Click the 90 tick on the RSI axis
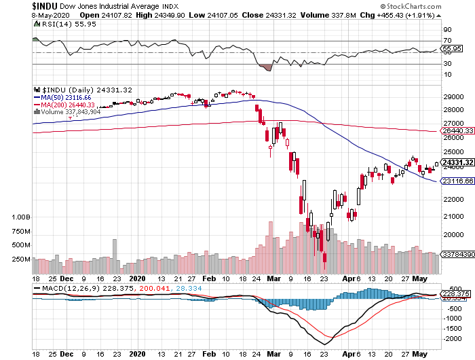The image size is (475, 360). [447, 31]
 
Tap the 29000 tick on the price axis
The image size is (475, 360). [453, 98]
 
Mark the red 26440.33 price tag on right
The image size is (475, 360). [456, 130]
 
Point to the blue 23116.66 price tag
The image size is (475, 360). [456, 182]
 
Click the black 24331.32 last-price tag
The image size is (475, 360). [456, 162]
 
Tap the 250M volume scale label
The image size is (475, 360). [22, 259]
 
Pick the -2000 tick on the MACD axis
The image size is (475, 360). [450, 338]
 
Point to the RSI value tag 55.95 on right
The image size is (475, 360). [452, 49]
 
